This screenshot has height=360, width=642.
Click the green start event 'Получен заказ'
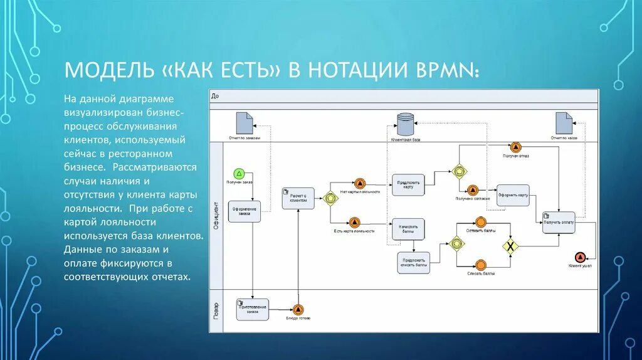[238, 173]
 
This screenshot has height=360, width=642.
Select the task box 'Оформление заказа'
[243, 211]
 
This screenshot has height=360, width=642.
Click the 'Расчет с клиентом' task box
[298, 198]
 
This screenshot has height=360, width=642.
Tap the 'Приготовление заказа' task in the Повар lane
[252, 309]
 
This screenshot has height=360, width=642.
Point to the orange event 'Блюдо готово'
[298, 309]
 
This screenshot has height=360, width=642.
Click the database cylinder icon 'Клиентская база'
[406, 122]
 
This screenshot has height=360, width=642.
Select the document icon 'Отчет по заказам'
[245, 122]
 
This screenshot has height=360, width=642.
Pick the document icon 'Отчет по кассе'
[564, 122]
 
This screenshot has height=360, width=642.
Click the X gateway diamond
[512, 245]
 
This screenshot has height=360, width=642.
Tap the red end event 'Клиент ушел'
[580, 257]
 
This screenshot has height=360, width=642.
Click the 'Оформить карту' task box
[513, 195]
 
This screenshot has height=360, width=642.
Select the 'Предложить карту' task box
[408, 184]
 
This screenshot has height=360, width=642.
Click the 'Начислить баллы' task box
[408, 229]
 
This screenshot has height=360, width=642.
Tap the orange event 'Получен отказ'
[515, 147]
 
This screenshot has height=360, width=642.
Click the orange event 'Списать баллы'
[481, 265]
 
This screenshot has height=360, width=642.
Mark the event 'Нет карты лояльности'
[360, 183]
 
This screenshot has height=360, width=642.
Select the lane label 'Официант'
[216, 215]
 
